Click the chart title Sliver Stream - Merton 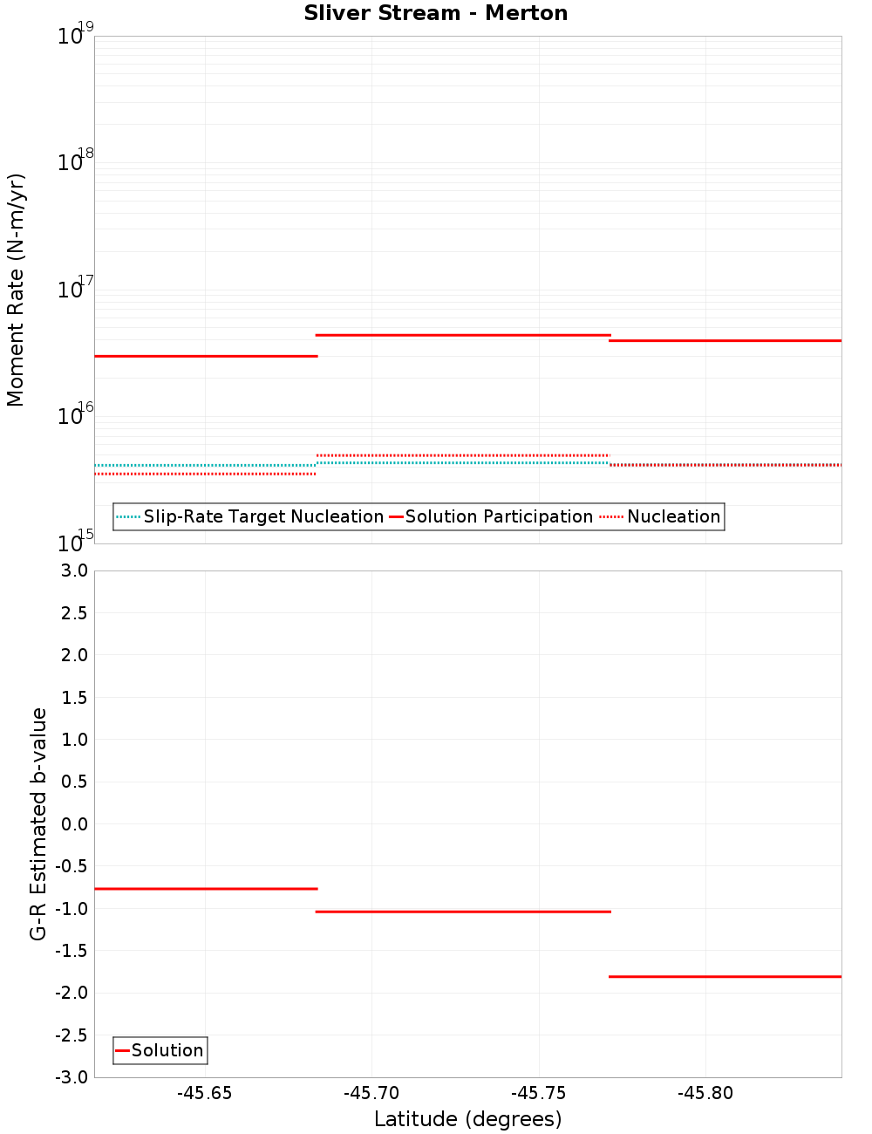click(x=436, y=13)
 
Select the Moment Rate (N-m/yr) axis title click(x=16, y=290)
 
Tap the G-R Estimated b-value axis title click(x=38, y=823)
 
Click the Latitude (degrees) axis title click(x=467, y=1119)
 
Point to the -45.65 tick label click(x=205, y=1094)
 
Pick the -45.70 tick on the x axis click(x=371, y=1094)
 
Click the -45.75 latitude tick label click(x=539, y=1094)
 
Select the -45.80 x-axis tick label click(x=705, y=1094)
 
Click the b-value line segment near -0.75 click(x=206, y=888)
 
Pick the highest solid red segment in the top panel click(x=462, y=335)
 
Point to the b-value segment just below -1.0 click(x=462, y=912)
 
